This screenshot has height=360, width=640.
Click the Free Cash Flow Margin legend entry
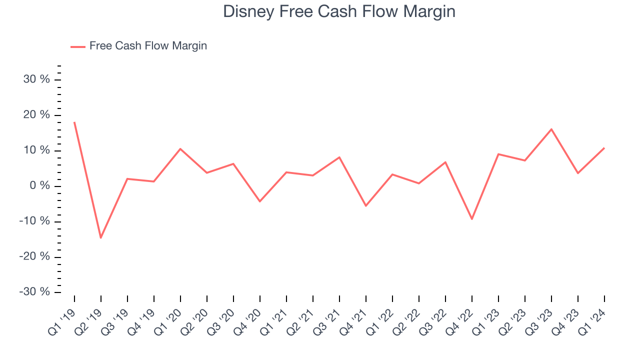[x=148, y=46]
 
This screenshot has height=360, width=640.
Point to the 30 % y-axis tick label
[x=36, y=79]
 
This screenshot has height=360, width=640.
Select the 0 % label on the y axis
[x=39, y=186]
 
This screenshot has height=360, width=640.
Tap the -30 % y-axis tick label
[x=34, y=292]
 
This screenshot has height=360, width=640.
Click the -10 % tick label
[x=34, y=221]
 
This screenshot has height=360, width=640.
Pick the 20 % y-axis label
[x=36, y=115]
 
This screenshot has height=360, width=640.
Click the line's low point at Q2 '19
[x=101, y=237]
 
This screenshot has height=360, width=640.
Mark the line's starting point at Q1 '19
[x=74, y=122]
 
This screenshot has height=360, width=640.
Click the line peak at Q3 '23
[x=551, y=129]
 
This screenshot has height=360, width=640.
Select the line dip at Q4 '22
[x=472, y=219]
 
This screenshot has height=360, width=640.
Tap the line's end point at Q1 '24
[x=604, y=148]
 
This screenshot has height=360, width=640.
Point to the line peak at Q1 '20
[x=180, y=148]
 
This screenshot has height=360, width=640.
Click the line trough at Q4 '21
[x=366, y=205]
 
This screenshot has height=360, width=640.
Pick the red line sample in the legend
[x=78, y=46]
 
